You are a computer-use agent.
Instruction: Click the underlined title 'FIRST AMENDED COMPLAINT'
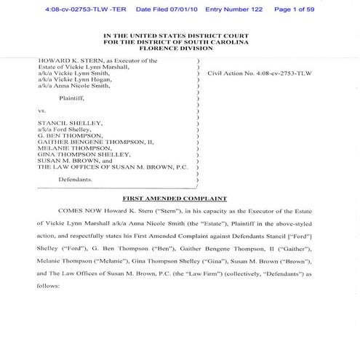tap(180, 199)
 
